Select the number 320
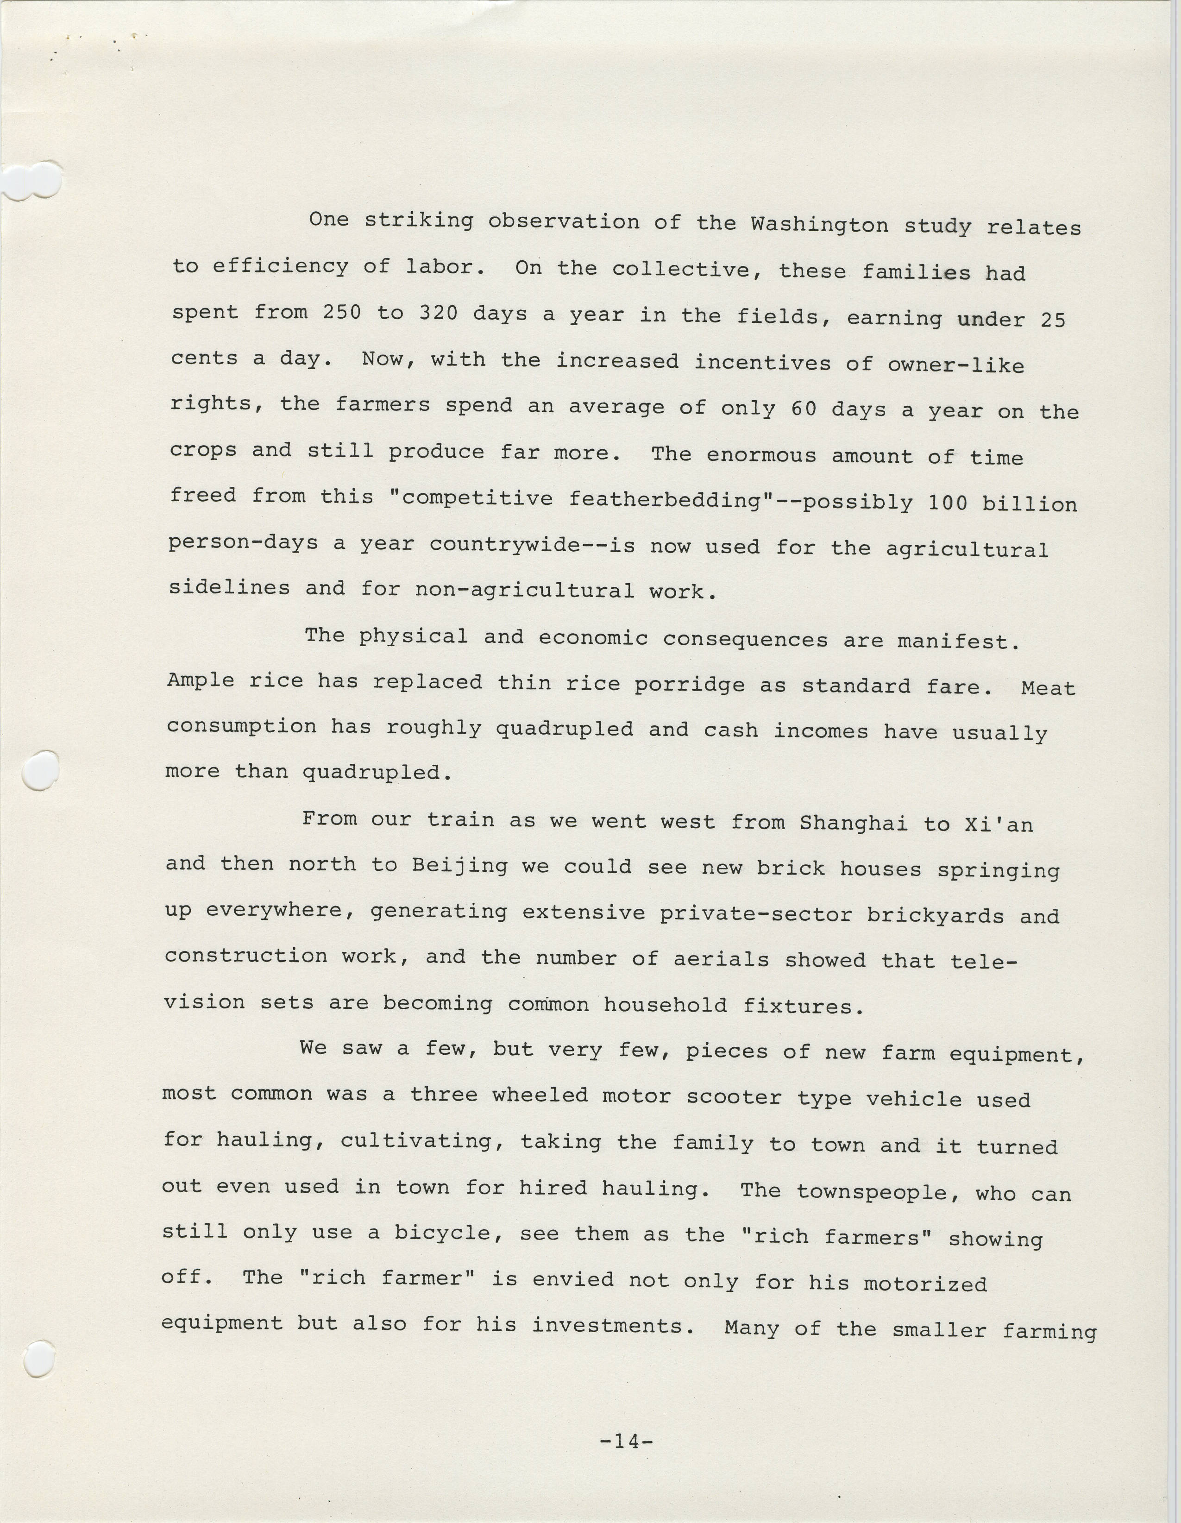(438, 313)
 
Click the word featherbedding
(666, 499)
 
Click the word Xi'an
(999, 824)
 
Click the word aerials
(721, 960)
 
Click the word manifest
(959, 641)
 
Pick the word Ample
(201, 680)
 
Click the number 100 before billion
(948, 503)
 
